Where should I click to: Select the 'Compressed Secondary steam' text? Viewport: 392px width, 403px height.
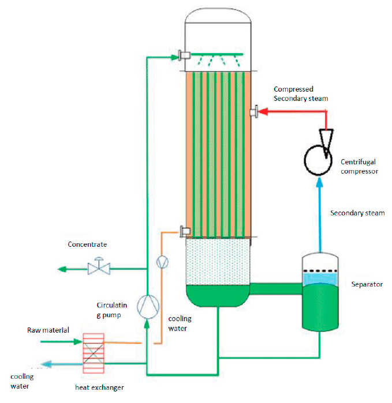tap(300, 93)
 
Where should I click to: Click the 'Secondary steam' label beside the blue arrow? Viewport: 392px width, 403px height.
tap(357, 213)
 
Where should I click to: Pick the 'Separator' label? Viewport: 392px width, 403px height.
tap(367, 284)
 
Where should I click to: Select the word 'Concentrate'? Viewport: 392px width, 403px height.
tap(87, 244)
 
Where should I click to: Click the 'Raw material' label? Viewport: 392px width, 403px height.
tap(48, 330)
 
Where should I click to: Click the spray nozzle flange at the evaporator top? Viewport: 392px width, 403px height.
tap(185, 55)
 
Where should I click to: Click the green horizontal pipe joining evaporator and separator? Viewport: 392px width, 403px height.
tap(275, 287)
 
